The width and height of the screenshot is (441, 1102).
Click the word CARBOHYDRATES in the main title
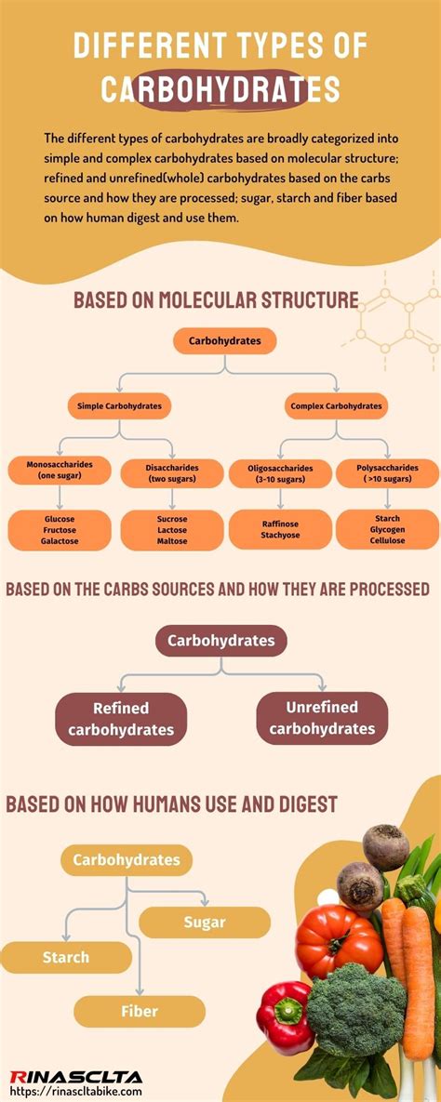point(220,89)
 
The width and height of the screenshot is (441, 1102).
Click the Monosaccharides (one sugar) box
point(60,471)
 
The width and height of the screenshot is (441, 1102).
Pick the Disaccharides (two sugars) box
point(172,472)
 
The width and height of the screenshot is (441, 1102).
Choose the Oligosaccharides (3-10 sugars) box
point(280,472)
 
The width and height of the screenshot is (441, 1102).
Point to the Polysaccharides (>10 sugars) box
point(387,472)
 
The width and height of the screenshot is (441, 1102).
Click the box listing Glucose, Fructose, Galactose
point(60,529)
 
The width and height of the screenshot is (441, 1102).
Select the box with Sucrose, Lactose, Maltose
point(172,529)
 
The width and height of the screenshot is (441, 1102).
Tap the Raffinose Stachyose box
point(280,529)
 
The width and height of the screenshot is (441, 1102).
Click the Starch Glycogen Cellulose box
point(387,529)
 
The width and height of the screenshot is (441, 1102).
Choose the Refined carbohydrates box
point(121,719)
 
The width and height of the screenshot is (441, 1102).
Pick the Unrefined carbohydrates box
point(322,718)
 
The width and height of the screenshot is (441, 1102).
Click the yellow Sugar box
point(205,923)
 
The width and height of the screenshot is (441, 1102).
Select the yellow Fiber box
point(140,1011)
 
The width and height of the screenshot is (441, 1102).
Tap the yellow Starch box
point(65,957)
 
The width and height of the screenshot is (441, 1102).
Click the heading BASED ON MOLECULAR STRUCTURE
point(216,300)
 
